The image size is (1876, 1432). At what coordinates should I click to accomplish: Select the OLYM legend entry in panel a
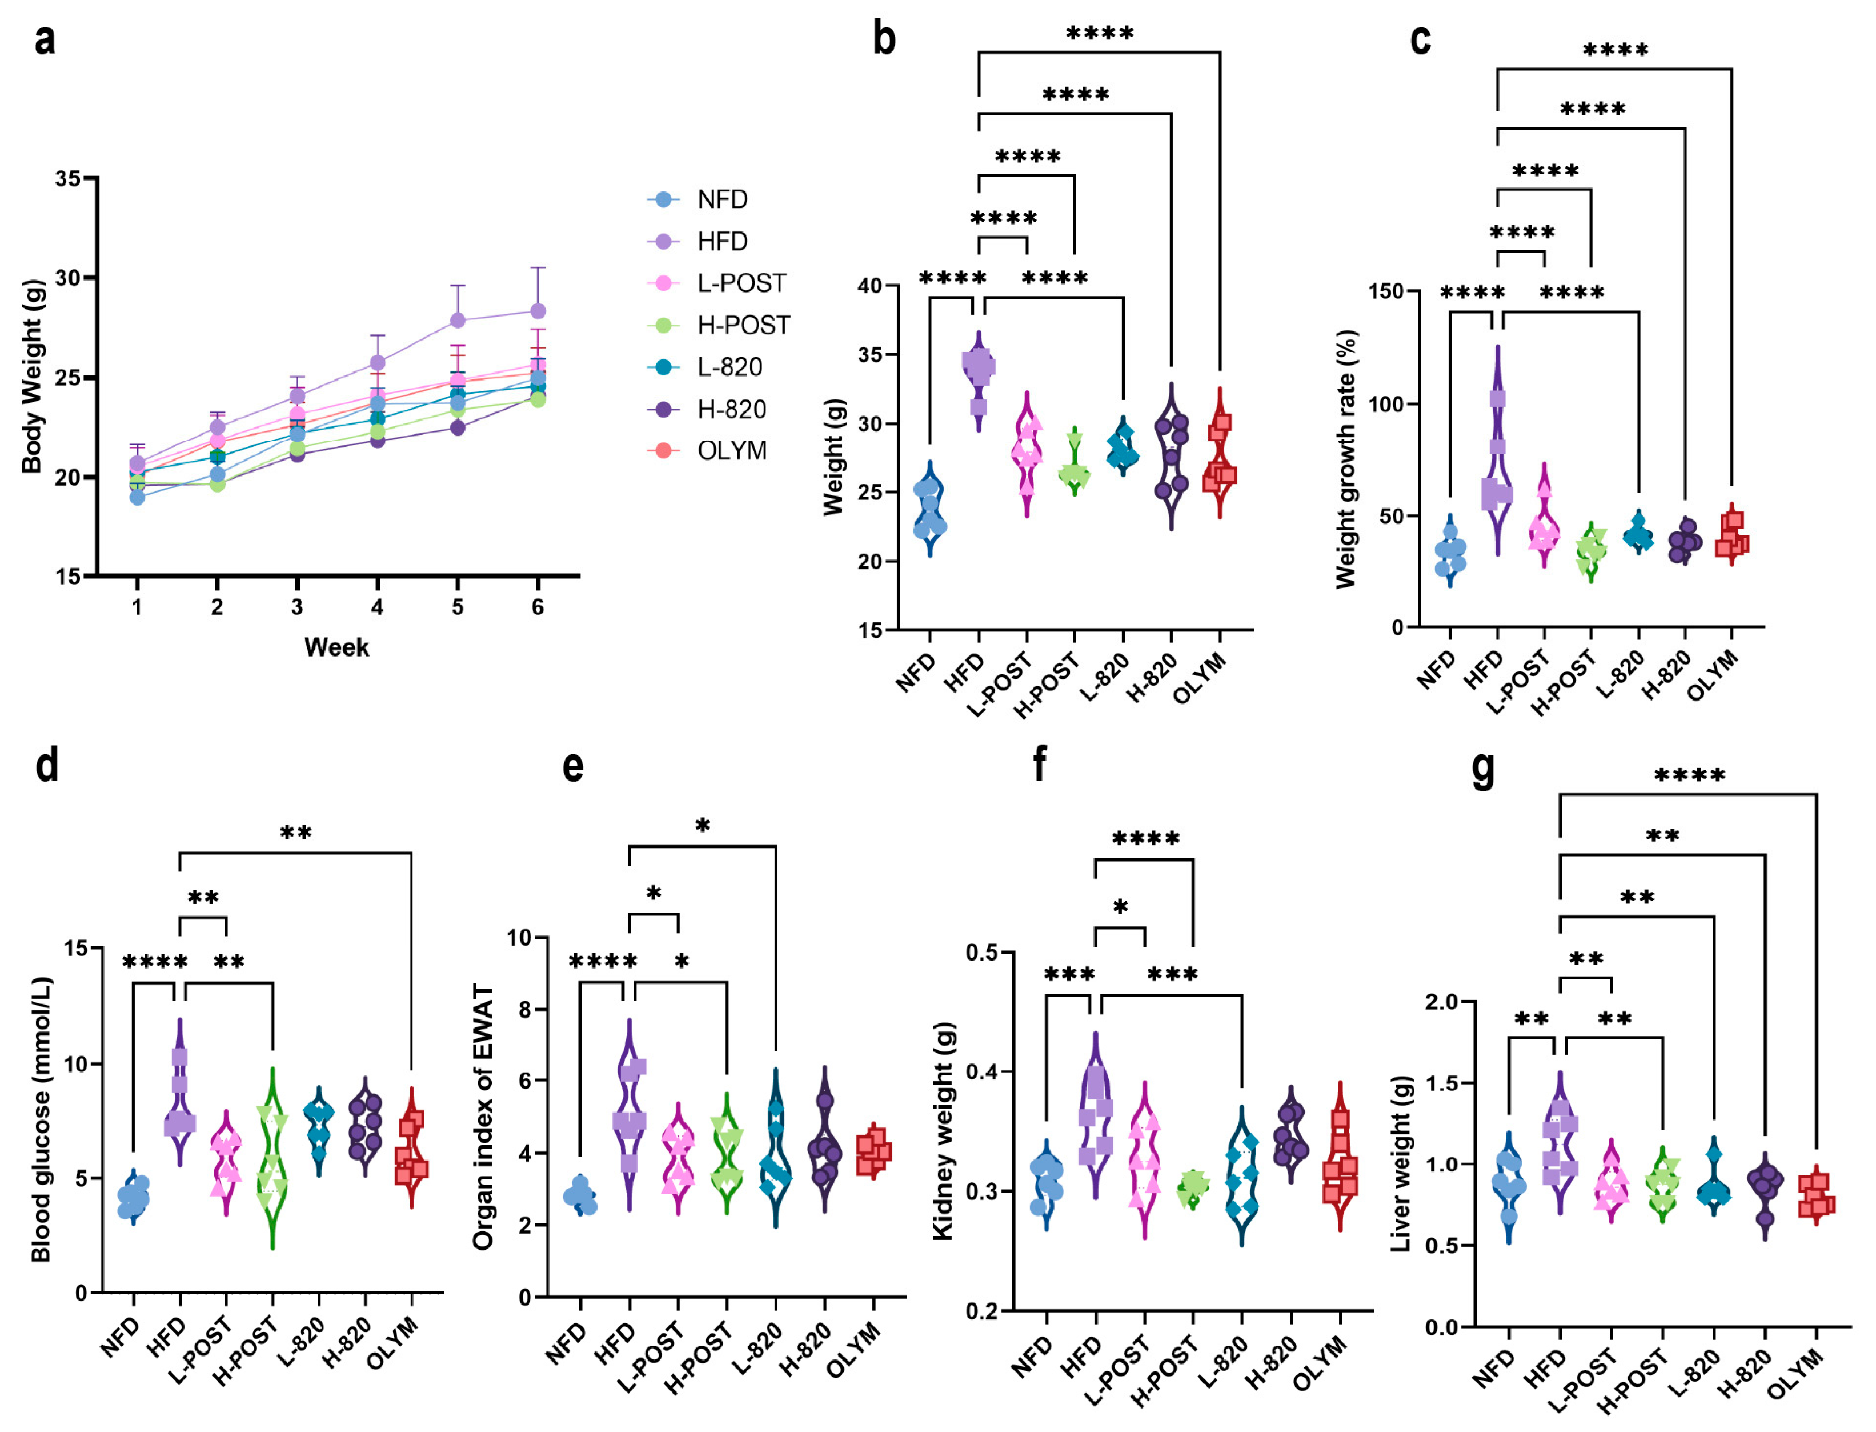pyautogui.click(x=731, y=450)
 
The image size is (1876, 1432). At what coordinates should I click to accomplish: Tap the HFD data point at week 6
pyautogui.click(x=538, y=311)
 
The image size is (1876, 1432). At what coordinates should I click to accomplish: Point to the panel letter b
pyautogui.click(x=884, y=39)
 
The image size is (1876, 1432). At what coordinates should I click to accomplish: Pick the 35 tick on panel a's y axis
pyautogui.click(x=68, y=179)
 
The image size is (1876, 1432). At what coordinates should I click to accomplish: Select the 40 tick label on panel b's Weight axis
pyautogui.click(x=870, y=286)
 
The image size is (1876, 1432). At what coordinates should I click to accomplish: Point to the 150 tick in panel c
pyautogui.click(x=1386, y=291)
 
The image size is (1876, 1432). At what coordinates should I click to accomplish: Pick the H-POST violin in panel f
pyautogui.click(x=1193, y=1186)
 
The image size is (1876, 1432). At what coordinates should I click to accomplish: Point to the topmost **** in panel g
pyautogui.click(x=1689, y=775)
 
